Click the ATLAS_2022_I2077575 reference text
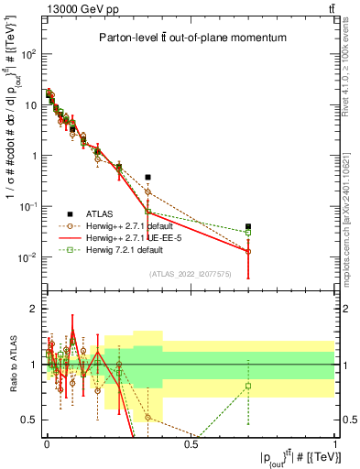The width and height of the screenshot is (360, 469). click(191, 273)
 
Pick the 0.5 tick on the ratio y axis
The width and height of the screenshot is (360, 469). click(32, 420)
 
